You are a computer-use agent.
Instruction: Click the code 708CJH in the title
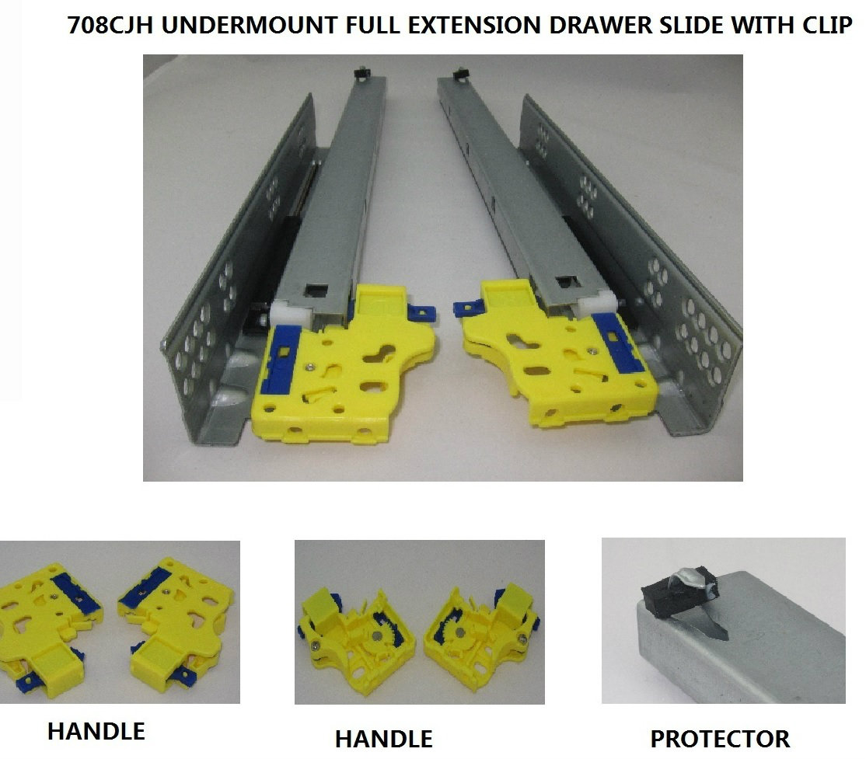coord(110,26)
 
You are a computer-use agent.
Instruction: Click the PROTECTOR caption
coord(720,739)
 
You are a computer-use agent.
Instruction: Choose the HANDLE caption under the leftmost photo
coord(96,731)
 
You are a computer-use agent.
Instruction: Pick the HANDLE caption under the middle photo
coord(384,739)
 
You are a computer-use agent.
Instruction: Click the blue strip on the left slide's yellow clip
coord(281,360)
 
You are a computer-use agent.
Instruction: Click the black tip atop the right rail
coord(459,74)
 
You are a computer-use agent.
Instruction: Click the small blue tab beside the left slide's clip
coord(423,313)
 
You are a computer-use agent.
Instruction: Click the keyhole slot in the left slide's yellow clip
coord(379,353)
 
